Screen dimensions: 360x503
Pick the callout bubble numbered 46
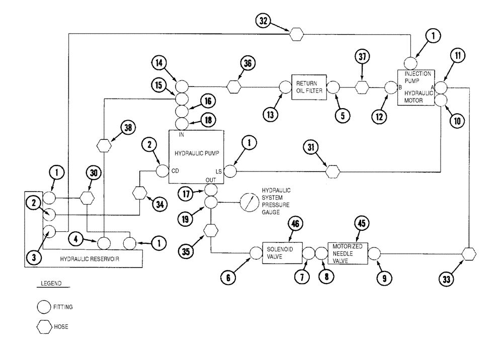click(x=297, y=225)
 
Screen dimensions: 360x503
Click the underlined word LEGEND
click(x=50, y=284)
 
